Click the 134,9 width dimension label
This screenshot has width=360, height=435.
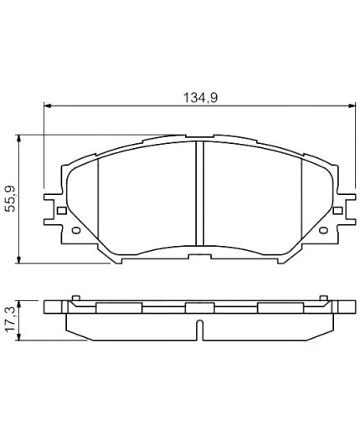click(200, 98)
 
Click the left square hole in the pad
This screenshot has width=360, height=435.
click(62, 211)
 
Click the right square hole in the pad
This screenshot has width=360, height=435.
click(337, 211)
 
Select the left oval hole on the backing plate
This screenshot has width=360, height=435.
click(76, 230)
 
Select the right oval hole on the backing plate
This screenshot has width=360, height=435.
click(323, 230)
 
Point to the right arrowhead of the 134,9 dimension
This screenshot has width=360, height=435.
click(352, 105)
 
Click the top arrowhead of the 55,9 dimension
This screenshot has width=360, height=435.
click(18, 139)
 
